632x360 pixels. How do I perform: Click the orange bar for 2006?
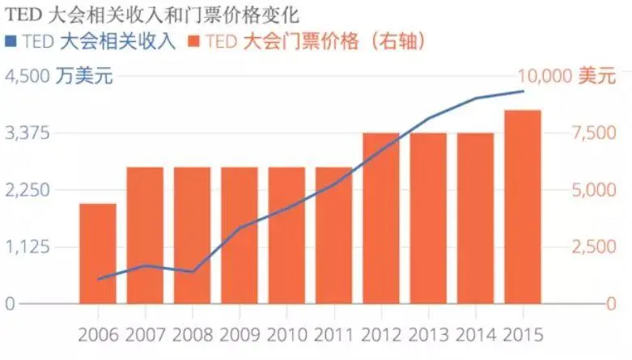click(97, 253)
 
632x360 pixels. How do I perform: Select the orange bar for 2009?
click(240, 235)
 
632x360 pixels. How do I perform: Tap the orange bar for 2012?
click(381, 218)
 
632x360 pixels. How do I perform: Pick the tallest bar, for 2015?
click(523, 207)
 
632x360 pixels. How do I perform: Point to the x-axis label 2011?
click(333, 334)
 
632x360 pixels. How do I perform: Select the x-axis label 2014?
click(475, 334)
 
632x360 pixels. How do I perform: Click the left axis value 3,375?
click(23, 133)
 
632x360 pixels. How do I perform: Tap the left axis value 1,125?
click(23, 247)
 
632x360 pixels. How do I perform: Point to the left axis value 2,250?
click(23, 190)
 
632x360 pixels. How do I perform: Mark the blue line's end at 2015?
click(523, 91)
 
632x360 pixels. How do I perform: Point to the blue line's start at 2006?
click(98, 278)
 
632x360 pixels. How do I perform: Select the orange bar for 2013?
click(428, 218)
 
